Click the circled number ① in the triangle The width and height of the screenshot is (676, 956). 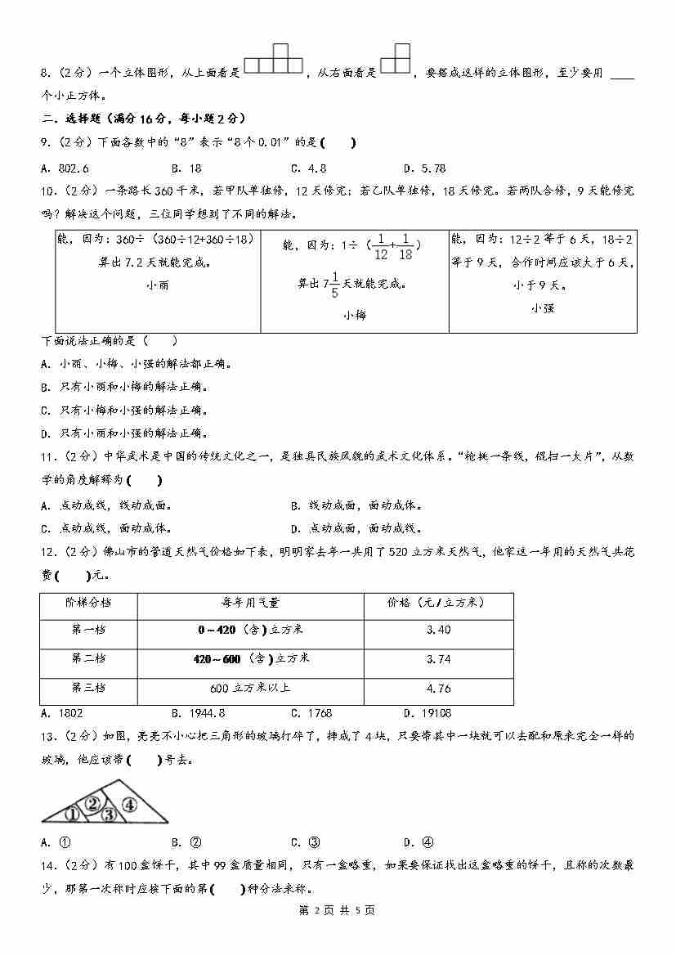[x=72, y=814]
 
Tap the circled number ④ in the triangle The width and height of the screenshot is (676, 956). [x=129, y=804]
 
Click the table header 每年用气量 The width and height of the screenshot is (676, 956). [x=250, y=603]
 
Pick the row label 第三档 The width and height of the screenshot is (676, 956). [x=88, y=689]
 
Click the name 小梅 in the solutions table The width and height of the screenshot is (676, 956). [x=355, y=314]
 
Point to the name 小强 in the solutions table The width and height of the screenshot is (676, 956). [x=542, y=308]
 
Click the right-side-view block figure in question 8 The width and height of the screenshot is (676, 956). [x=396, y=59]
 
